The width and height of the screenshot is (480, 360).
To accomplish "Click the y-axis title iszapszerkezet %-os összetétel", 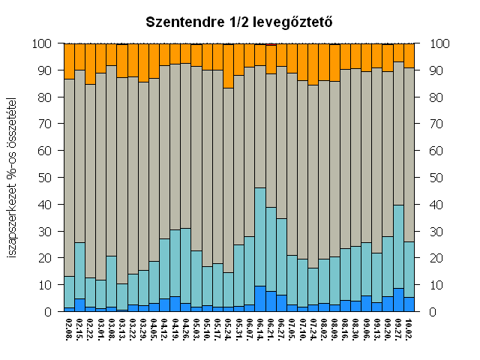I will [x=13, y=178].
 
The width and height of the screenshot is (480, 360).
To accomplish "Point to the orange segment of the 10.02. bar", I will [x=409, y=55].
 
